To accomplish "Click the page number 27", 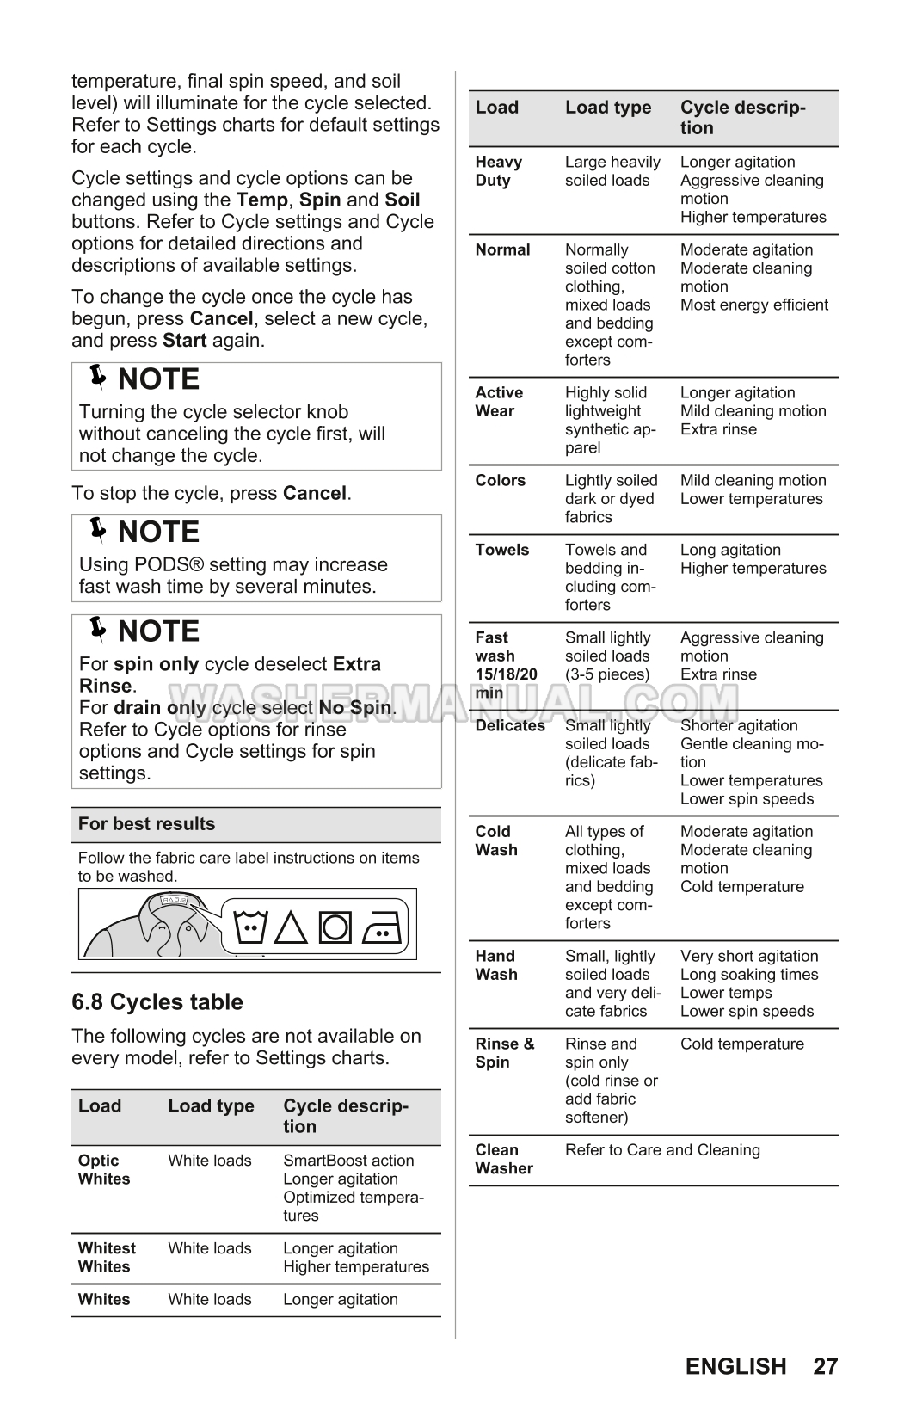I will point(824,1366).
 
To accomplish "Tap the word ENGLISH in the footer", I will point(735,1366).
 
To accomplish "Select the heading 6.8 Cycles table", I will point(157,1001).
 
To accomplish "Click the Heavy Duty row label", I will point(499,171).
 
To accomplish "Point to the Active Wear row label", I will point(499,402).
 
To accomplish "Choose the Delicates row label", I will point(510,725).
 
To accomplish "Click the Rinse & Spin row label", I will point(504,1053).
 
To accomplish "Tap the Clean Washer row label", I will point(504,1159).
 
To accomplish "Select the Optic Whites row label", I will point(103,1169).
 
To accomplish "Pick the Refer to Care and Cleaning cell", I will point(662,1150).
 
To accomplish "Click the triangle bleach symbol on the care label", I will point(292,928).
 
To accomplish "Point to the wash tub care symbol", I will point(252,927).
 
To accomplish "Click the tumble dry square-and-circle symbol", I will point(335,928).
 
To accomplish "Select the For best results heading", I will point(146,824).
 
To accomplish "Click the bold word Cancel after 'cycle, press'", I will point(314,494).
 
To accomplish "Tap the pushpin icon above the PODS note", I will point(99,531).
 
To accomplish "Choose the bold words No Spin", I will point(355,708).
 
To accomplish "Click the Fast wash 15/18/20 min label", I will point(506,665).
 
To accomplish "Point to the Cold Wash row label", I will point(496,841).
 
